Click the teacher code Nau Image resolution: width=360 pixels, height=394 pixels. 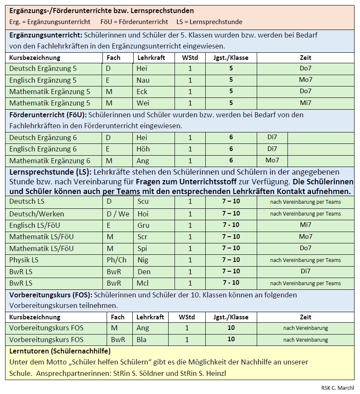pyautogui.click(x=143, y=80)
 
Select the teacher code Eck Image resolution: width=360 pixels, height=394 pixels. pyautogui.click(x=142, y=92)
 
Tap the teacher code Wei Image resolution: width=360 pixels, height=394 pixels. pyautogui.click(x=142, y=103)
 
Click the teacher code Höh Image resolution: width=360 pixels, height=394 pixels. pyautogui.click(x=143, y=149)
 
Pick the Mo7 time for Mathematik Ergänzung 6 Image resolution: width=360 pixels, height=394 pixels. pyautogui.click(x=272, y=160)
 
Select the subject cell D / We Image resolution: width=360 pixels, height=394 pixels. pyautogui.click(x=118, y=214)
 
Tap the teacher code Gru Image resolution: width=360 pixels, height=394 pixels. pyautogui.click(x=143, y=225)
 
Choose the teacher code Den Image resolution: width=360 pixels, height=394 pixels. pyautogui.click(x=144, y=271)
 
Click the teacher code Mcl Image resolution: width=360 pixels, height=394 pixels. pyautogui.click(x=142, y=283)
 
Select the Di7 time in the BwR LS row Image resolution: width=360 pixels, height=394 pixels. pyautogui.click(x=305, y=271)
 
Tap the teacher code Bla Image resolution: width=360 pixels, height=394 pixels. pyautogui.click(x=142, y=340)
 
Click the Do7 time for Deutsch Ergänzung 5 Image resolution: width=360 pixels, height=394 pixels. pyautogui.click(x=305, y=68)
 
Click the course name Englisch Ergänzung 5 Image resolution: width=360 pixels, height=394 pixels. pyautogui.click(x=43, y=80)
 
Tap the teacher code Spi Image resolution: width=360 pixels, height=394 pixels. pyautogui.click(x=142, y=248)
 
